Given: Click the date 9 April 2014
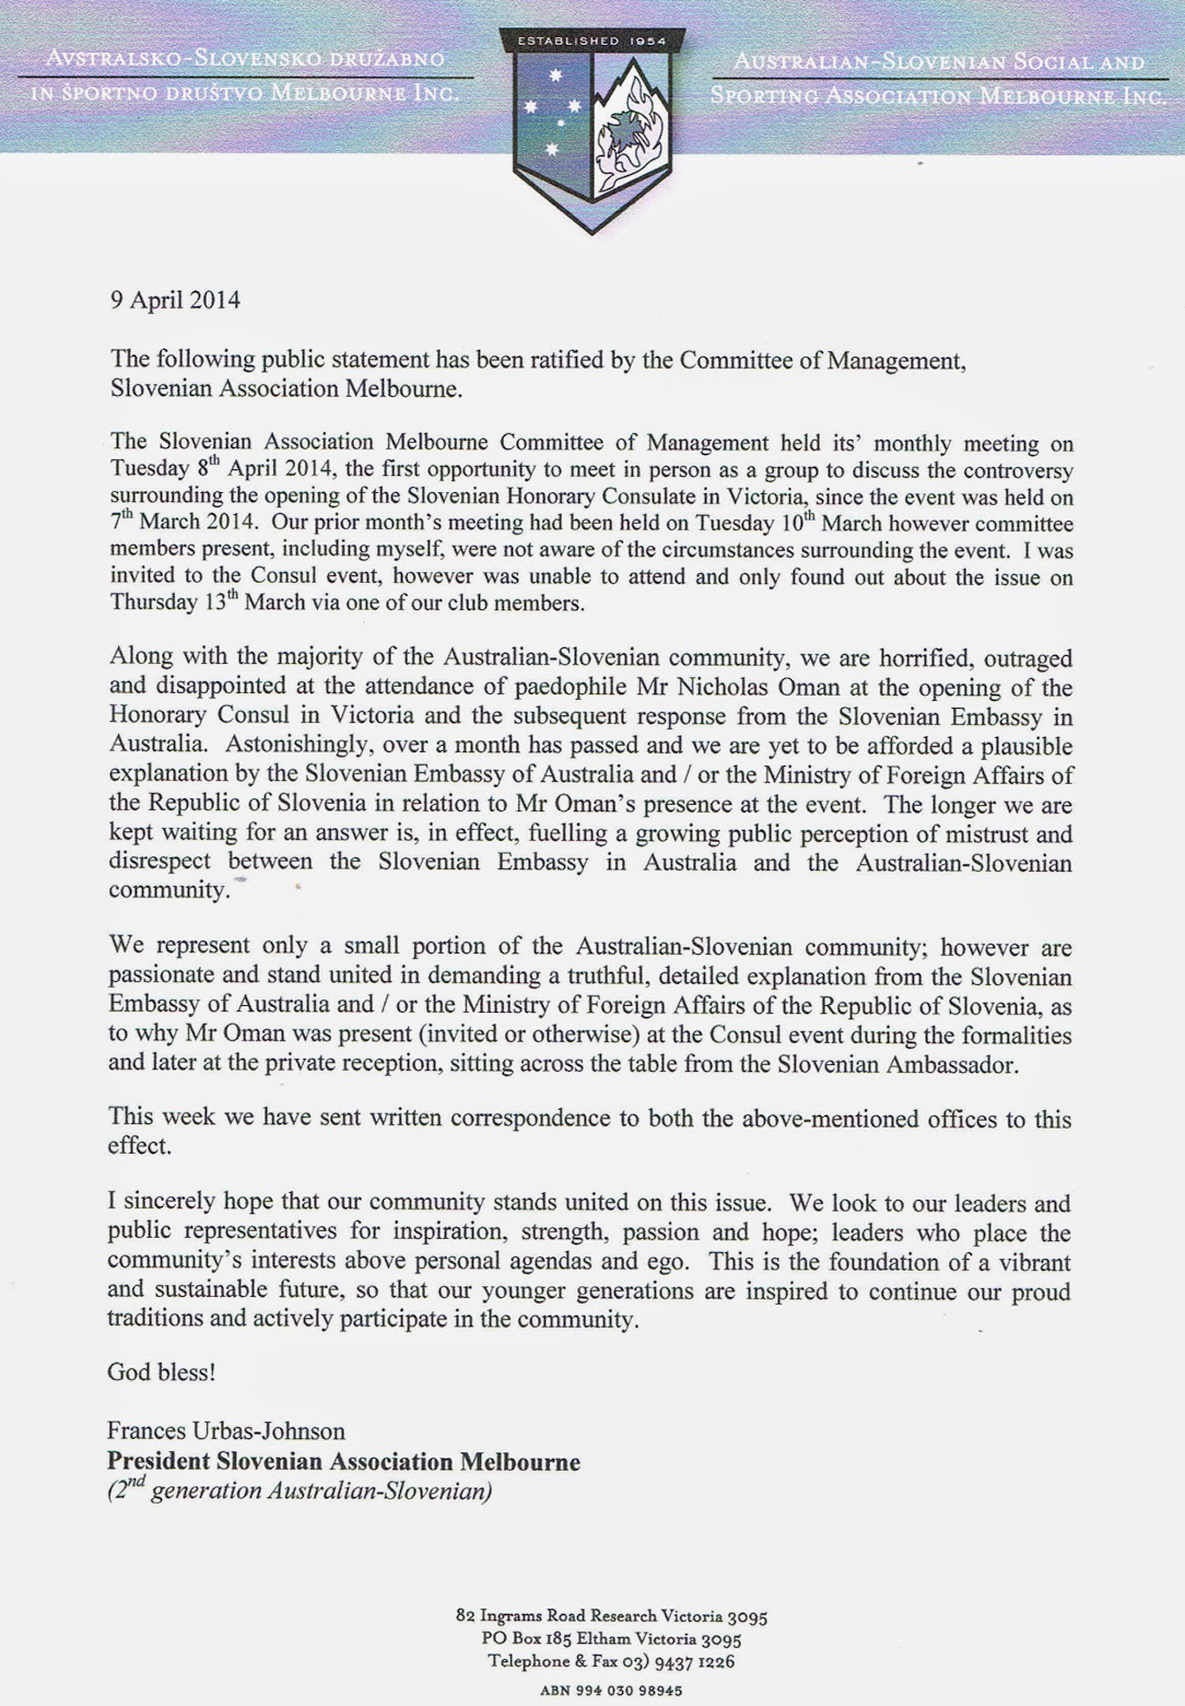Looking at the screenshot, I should pyautogui.click(x=175, y=300).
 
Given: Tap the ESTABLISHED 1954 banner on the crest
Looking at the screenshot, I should pyautogui.click(x=592, y=41).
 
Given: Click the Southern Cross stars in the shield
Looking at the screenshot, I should pyautogui.click(x=553, y=111).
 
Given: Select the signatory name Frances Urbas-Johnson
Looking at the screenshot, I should pyautogui.click(x=226, y=1430).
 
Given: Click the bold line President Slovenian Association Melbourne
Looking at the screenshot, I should pyautogui.click(x=343, y=1462).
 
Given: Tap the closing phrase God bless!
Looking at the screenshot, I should pyautogui.click(x=161, y=1372).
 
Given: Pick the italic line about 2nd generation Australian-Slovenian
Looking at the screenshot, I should pyautogui.click(x=300, y=1491).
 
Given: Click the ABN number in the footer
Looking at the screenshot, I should pyautogui.click(x=611, y=1690).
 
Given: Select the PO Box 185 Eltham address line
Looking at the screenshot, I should pyautogui.click(x=611, y=1638).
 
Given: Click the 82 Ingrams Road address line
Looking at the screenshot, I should pyautogui.click(x=611, y=1616).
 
